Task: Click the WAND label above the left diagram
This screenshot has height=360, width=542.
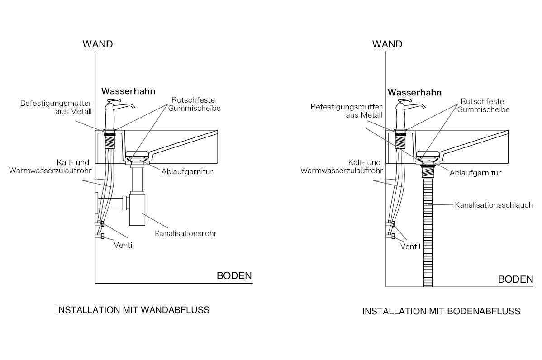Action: (x=97, y=44)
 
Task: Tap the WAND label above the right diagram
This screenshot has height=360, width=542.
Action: (x=387, y=44)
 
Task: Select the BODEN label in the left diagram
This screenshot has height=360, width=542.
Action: (x=234, y=276)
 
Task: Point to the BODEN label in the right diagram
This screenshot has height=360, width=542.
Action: (x=515, y=279)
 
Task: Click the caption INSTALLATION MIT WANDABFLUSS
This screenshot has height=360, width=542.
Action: (x=133, y=310)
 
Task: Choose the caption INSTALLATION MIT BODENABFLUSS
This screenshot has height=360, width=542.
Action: (x=441, y=312)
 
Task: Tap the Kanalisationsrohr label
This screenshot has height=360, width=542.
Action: (x=185, y=234)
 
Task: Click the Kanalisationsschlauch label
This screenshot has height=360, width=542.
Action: (x=494, y=205)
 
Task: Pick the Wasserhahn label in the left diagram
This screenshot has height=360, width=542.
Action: (x=128, y=91)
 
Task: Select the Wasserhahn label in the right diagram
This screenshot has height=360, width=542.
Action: (x=414, y=93)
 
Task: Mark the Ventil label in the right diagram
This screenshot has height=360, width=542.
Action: (x=410, y=247)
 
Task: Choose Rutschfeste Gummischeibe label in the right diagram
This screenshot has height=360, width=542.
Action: (x=482, y=105)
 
